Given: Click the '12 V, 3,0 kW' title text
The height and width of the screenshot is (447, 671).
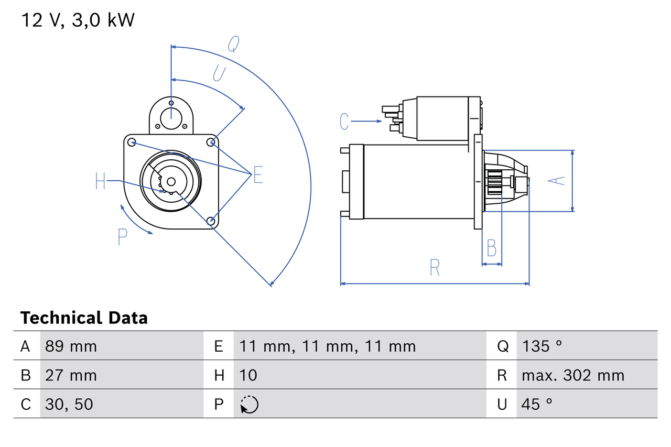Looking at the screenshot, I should tap(78, 20).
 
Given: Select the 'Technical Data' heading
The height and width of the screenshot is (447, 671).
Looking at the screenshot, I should tap(84, 318).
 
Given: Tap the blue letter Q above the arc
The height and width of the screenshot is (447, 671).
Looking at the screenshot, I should tap(233, 45).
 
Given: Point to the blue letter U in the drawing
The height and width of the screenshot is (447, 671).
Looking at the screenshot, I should tap(219, 73).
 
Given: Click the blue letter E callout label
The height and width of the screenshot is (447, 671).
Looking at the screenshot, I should tap(258, 175).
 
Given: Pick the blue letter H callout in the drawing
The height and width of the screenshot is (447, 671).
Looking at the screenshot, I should tap(101, 181).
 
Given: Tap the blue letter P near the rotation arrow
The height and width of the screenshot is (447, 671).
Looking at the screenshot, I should tap(122, 237).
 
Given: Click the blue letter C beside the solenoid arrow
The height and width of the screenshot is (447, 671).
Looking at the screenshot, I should tap(344, 122).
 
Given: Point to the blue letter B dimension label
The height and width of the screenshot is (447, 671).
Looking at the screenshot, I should tap(491, 248).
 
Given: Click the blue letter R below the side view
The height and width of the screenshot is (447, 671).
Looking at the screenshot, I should tap(435, 268).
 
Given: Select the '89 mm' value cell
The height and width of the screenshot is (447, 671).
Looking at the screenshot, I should tap(71, 346).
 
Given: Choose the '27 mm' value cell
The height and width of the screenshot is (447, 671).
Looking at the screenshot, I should tap(71, 375).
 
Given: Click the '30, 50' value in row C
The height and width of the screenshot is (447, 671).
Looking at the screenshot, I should tap(69, 404).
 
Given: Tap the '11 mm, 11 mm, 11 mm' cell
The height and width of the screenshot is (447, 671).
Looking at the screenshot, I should tap(328, 346).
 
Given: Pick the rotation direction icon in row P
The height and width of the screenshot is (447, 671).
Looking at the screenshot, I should tap(249, 405).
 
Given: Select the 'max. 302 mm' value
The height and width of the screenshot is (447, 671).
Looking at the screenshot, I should tap(573, 375).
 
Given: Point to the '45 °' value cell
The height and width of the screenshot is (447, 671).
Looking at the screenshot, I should tap(537, 404).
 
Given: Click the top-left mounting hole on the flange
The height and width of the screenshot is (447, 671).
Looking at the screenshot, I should tap(132, 142).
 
